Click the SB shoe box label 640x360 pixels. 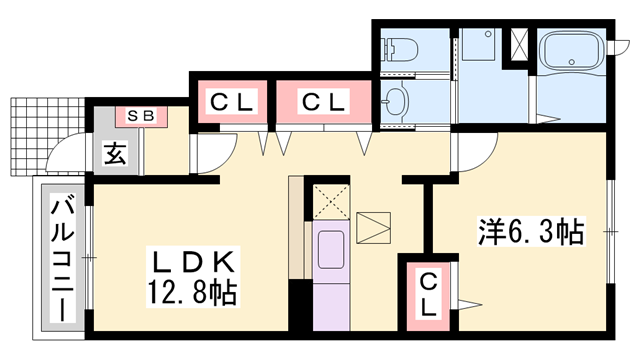[139, 116]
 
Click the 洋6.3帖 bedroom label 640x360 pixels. [529, 232]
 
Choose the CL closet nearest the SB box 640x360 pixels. [233, 101]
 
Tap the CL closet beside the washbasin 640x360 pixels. [324, 101]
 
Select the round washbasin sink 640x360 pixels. [397, 102]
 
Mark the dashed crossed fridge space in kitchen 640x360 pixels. [329, 201]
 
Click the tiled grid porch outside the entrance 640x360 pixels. [44, 135]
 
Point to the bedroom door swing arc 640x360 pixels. [474, 150]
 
